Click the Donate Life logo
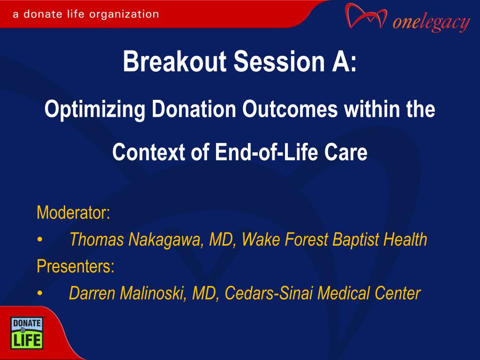pyautogui.click(x=27, y=333)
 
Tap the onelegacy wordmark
pyautogui.click(x=431, y=22)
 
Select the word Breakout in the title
pyautogui.click(x=174, y=61)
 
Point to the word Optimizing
pyautogui.click(x=95, y=110)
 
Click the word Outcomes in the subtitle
pyautogui.click(x=290, y=109)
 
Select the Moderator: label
pyautogui.click(x=74, y=212)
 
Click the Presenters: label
pyautogui.click(x=75, y=266)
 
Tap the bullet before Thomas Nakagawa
pyautogui.click(x=40, y=240)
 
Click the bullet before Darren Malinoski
pyautogui.click(x=40, y=293)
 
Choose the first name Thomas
pyautogui.click(x=97, y=240)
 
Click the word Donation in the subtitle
pyautogui.click(x=194, y=109)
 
